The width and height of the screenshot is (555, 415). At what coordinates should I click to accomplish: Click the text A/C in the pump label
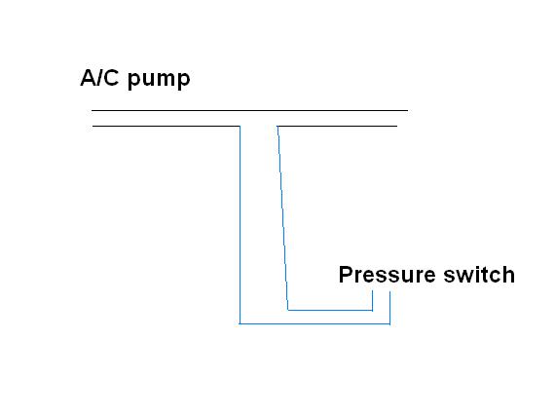[x=100, y=78]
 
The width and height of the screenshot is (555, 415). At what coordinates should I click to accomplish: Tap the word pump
[x=159, y=80]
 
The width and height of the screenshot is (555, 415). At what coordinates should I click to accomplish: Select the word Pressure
[x=387, y=275]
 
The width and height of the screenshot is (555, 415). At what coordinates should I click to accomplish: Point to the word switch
[x=479, y=275]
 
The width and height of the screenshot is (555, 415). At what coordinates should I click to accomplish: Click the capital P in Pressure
[x=346, y=275]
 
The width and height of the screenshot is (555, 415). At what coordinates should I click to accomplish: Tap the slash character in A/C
[x=98, y=78]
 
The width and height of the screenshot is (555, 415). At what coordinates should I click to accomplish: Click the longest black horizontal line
[x=250, y=110]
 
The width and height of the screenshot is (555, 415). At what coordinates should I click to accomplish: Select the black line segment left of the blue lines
[x=166, y=126]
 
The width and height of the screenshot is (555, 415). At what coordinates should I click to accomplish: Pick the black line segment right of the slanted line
[x=337, y=126]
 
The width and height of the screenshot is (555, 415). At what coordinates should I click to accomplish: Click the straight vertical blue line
[x=240, y=225]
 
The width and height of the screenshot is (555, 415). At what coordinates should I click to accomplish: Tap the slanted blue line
[x=282, y=218]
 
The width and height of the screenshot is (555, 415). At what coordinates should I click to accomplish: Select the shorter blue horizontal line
[x=330, y=310]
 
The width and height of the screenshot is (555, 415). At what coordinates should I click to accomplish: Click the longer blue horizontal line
[x=315, y=323]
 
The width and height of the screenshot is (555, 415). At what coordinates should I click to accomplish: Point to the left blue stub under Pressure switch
[x=373, y=301]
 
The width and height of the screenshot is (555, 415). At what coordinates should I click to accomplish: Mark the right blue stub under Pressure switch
[x=390, y=308]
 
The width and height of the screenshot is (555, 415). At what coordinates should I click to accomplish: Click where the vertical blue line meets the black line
[x=240, y=126]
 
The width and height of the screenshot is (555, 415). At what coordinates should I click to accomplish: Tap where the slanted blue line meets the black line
[x=277, y=126]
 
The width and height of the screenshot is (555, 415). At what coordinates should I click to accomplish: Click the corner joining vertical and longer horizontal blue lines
[x=240, y=323]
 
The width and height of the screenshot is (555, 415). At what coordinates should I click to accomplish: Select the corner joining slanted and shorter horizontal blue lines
[x=288, y=310]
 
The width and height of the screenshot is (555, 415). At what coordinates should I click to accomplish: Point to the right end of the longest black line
[x=408, y=110]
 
